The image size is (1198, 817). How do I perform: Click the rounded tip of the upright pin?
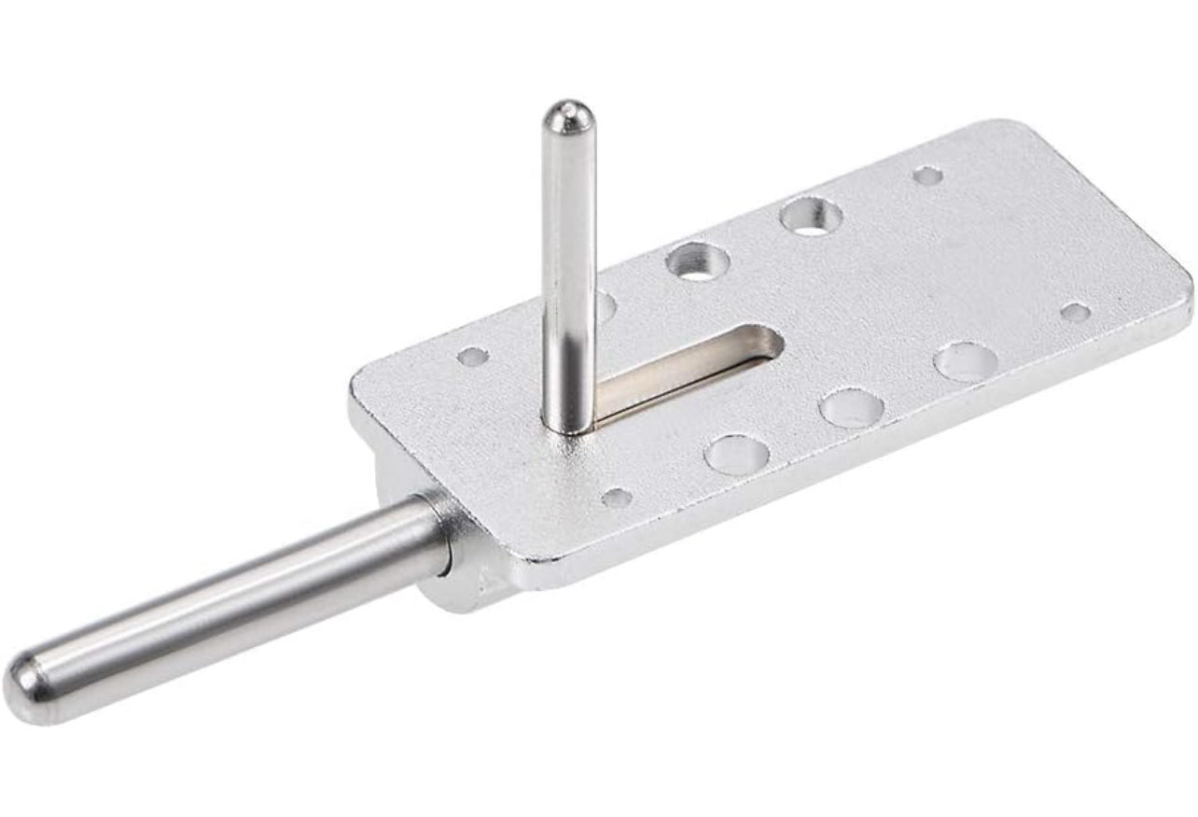(568, 116)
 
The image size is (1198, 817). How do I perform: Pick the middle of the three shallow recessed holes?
(851, 408)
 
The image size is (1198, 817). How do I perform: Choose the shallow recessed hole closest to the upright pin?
(736, 455)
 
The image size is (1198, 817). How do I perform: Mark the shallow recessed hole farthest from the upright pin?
(964, 361)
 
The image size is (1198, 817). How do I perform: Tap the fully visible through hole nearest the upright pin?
(698, 261)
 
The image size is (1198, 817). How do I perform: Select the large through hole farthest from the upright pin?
(811, 216)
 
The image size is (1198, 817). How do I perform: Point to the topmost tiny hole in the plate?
(927, 175)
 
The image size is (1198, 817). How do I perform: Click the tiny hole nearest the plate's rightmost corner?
(1075, 312)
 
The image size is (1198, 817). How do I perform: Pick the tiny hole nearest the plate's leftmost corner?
(473, 356)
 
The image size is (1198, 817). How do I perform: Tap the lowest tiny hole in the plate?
(617, 497)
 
